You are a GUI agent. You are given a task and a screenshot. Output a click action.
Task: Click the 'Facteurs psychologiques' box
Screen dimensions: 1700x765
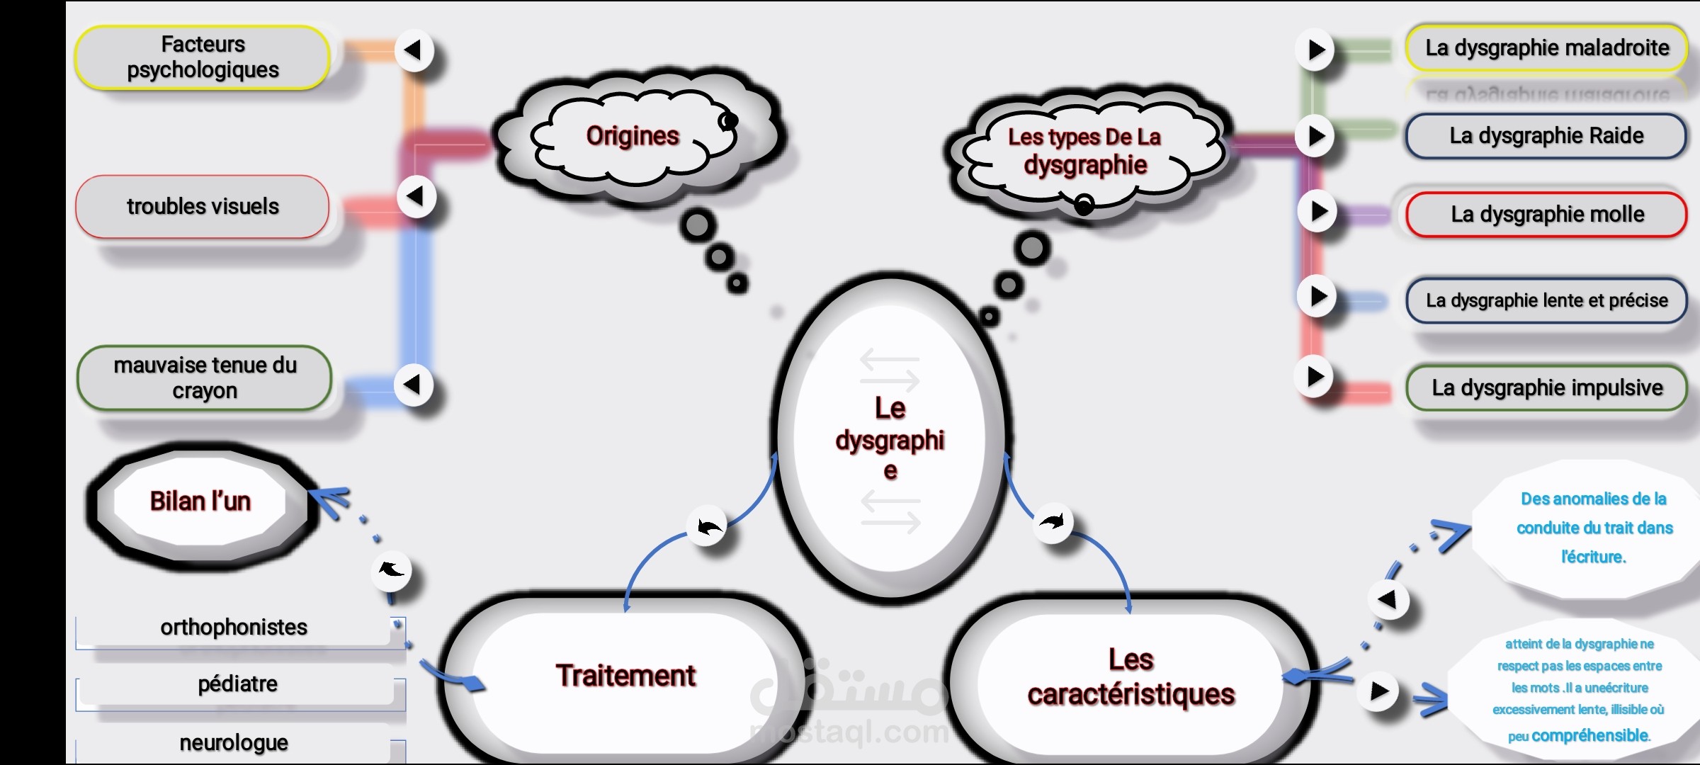pyautogui.click(x=203, y=57)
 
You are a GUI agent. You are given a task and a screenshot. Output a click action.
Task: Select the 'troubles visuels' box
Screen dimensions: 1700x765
pyautogui.click(x=203, y=206)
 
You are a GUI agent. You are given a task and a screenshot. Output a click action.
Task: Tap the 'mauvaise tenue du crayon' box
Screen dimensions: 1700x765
pyautogui.click(x=204, y=378)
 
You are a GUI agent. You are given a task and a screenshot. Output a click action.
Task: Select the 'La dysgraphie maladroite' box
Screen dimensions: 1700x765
pyautogui.click(x=1547, y=47)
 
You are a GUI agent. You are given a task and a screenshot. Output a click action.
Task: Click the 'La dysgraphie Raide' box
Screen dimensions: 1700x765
pyautogui.click(x=1546, y=135)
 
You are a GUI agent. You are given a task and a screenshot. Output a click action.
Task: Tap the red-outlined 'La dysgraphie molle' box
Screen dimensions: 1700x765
pyautogui.click(x=1547, y=214)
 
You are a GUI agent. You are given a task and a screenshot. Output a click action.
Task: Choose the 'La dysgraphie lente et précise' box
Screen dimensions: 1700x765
pyautogui.click(x=1547, y=300)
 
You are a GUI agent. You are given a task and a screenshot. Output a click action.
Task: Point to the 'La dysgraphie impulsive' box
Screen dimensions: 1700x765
pyautogui.click(x=1547, y=387)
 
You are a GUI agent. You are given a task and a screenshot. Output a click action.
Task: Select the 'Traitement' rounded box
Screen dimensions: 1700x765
pyautogui.click(x=625, y=676)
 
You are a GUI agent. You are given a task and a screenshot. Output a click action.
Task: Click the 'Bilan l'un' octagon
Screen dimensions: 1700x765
pyautogui.click(x=201, y=501)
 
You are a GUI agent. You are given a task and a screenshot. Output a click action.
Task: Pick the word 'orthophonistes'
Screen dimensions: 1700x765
pyautogui.click(x=234, y=627)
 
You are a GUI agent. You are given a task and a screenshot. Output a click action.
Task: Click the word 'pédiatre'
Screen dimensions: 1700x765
pyautogui.click(x=238, y=684)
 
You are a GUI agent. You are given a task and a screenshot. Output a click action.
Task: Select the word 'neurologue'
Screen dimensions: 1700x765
pyautogui.click(x=234, y=742)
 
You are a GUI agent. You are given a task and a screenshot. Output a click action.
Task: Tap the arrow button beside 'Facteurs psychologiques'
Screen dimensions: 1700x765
pyautogui.click(x=414, y=50)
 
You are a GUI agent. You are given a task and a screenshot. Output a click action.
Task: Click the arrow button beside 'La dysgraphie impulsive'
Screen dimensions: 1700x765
pyautogui.click(x=1315, y=376)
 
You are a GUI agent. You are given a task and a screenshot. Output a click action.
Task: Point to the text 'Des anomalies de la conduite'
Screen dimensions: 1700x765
pyautogui.click(x=1594, y=513)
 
